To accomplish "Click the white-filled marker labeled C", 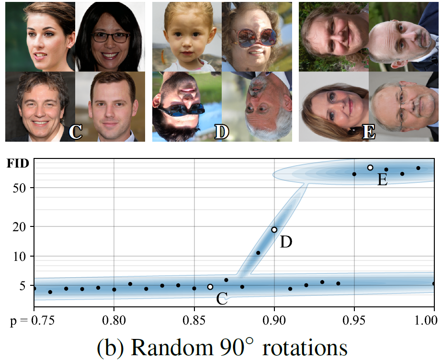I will click(x=210, y=287).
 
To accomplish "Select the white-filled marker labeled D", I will click(x=274, y=230).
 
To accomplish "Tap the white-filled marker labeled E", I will click(x=370, y=168).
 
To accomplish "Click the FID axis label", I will click(x=18, y=164).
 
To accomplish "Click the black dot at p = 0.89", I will click(x=258, y=253).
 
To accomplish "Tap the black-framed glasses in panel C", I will click(x=111, y=37).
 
